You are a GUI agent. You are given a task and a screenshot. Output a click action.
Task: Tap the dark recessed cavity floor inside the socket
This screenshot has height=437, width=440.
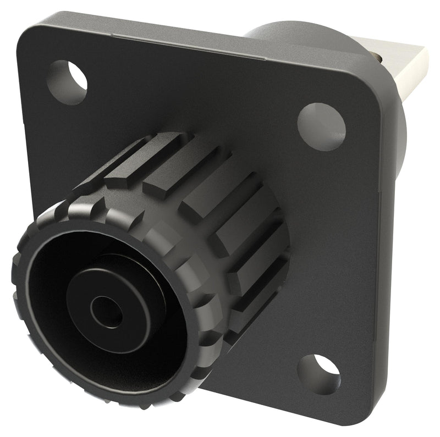(55, 330)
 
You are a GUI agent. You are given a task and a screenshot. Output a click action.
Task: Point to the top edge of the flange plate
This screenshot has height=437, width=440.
(193, 44)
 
